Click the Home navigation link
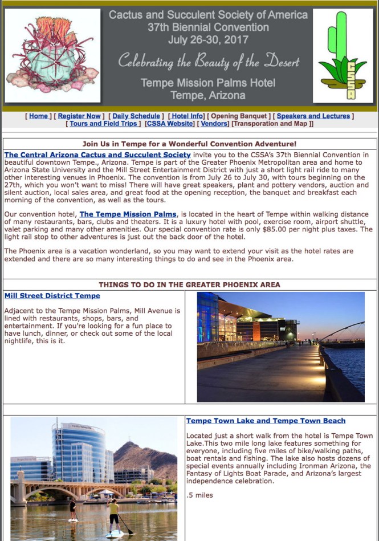coord(38,116)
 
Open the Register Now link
coord(79,116)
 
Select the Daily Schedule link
coord(136,116)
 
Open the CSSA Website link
coord(170,124)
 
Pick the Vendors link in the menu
coord(214,124)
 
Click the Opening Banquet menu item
coord(239,116)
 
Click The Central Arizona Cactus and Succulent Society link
coord(97,154)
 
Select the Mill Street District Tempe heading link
coord(52,296)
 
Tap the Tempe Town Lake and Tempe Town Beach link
coord(266,421)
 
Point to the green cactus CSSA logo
coord(343,56)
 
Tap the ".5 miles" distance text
coord(199,495)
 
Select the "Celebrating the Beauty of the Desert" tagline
coord(208,61)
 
